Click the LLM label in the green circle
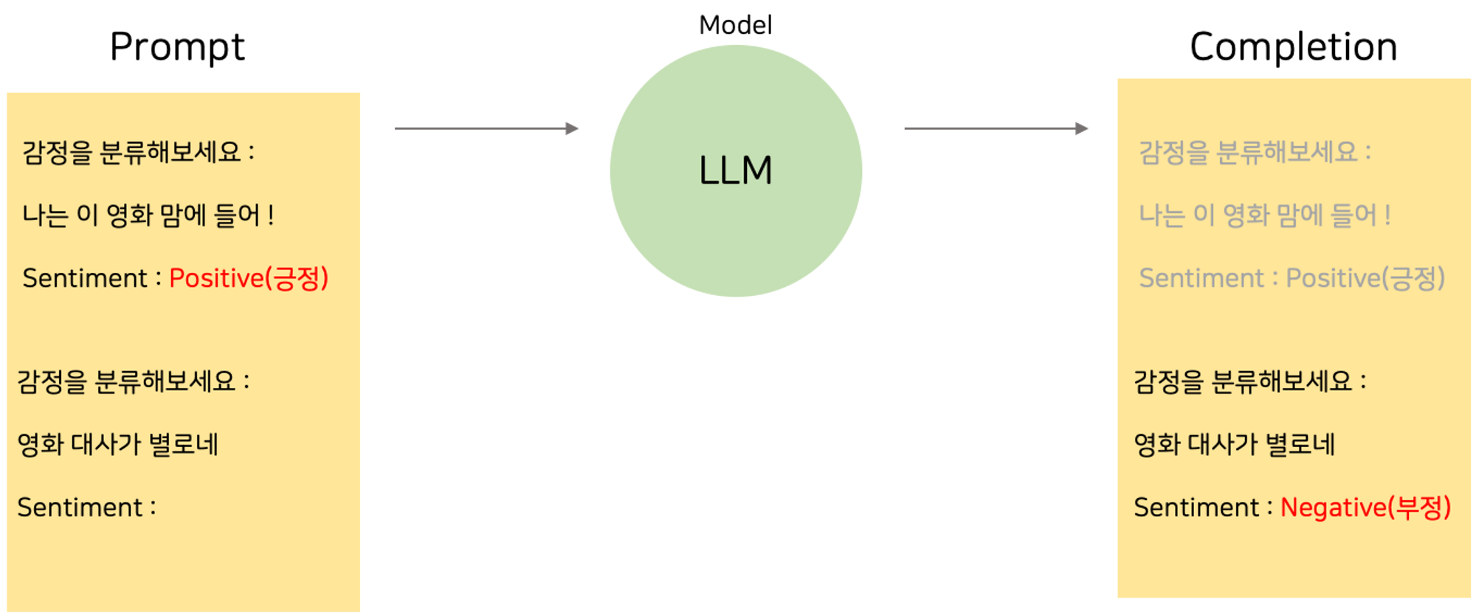[735, 170]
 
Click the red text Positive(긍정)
[249, 278]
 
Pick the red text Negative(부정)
[1365, 508]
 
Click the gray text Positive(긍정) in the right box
[1365, 278]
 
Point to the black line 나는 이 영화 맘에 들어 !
[148, 215]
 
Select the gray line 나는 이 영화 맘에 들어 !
[1265, 215]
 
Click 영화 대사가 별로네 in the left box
[118, 445]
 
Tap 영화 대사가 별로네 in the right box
[1235, 445]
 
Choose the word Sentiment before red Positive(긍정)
[85, 278]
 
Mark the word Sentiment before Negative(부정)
[1196, 508]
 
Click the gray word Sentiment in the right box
[1201, 278]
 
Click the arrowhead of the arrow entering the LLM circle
[573, 128]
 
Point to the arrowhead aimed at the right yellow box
[1083, 128]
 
